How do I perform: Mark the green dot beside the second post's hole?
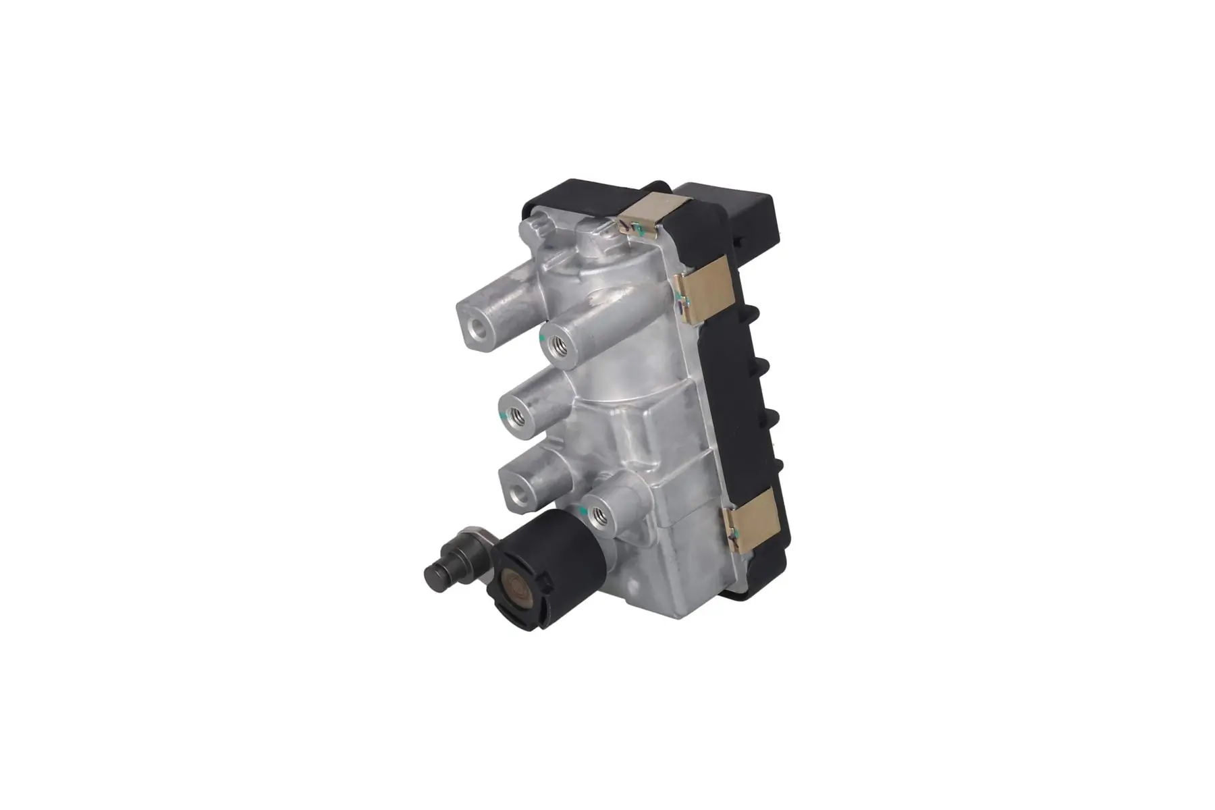click(x=543, y=333)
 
